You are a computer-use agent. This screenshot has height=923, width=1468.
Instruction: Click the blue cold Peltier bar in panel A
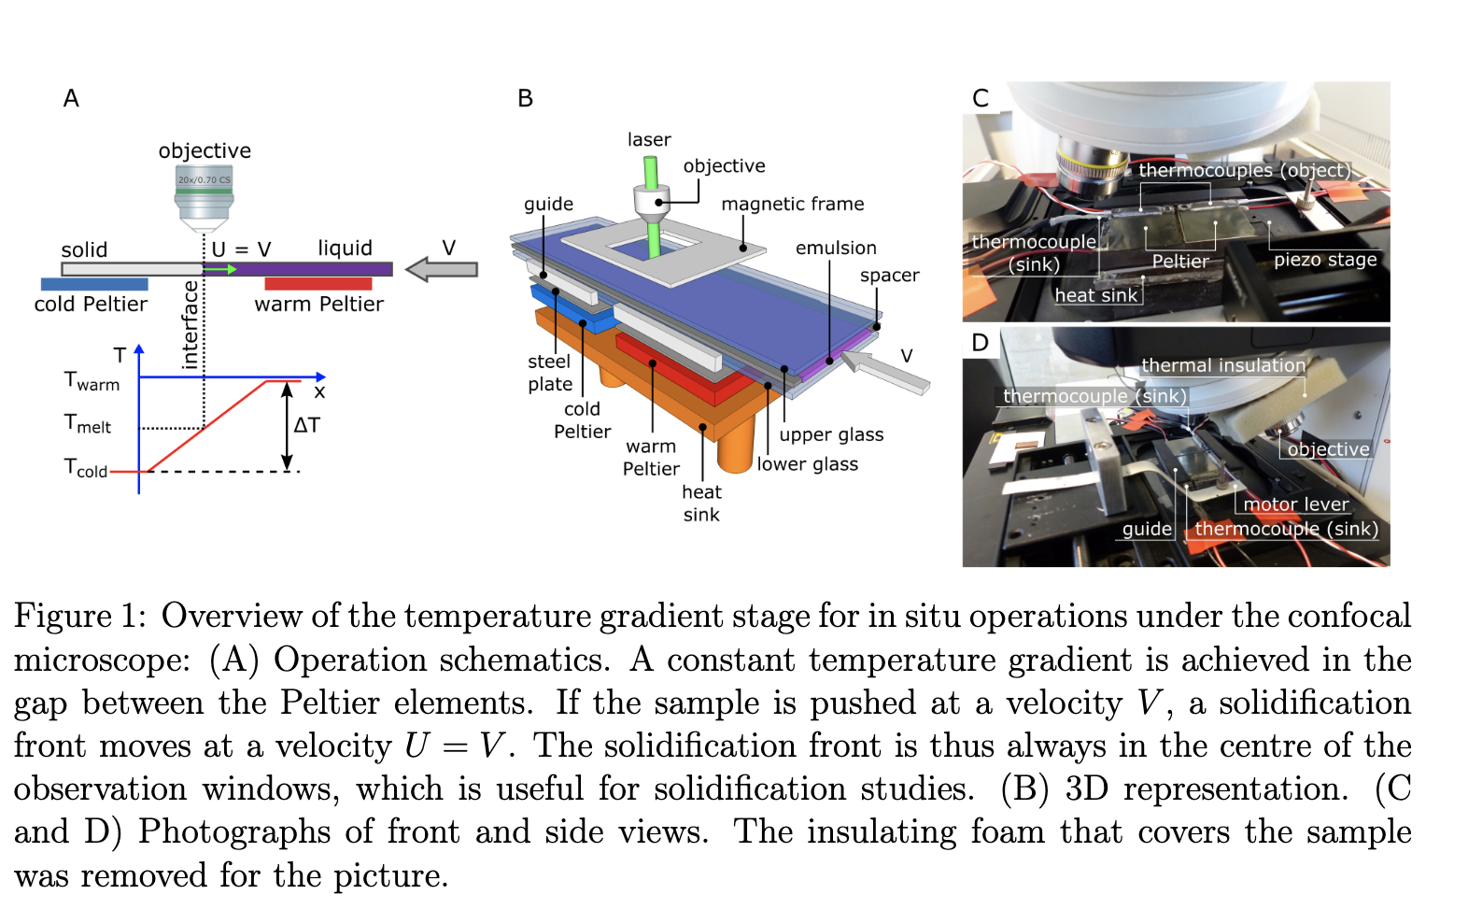pyautogui.click(x=94, y=284)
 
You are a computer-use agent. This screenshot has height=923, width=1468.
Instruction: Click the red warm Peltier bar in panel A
pyautogui.click(x=318, y=284)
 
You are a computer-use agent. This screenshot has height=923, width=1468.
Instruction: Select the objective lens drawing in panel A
pyautogui.click(x=205, y=197)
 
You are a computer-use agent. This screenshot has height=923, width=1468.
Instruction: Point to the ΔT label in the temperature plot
pyautogui.click(x=306, y=426)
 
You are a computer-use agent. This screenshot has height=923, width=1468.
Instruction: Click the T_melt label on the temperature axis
pyautogui.click(x=87, y=424)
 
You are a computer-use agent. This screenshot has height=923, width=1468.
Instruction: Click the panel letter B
pyautogui.click(x=525, y=99)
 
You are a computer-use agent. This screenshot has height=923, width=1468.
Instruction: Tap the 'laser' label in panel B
pyautogui.click(x=649, y=140)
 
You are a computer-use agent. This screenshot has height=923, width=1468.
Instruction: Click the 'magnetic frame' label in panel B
pyautogui.click(x=792, y=205)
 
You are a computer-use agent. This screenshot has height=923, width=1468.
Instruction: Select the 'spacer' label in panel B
pyautogui.click(x=889, y=276)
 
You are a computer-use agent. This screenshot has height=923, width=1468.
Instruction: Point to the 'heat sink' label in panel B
pyautogui.click(x=701, y=504)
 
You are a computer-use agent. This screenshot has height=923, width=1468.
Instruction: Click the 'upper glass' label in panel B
pyautogui.click(x=831, y=435)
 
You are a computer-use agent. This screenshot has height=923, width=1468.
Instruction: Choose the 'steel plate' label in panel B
pyautogui.click(x=550, y=373)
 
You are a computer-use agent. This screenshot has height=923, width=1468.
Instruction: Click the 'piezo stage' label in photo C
pyautogui.click(x=1325, y=260)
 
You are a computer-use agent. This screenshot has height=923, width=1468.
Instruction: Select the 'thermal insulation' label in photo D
pyautogui.click(x=1223, y=365)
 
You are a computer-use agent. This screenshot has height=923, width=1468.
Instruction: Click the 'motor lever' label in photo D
pyautogui.click(x=1295, y=504)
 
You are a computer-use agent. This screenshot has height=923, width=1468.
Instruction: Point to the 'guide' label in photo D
pyautogui.click(x=1147, y=529)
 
